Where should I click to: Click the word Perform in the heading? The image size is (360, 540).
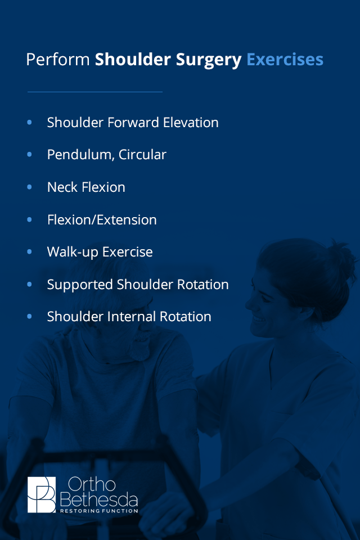coord(58,60)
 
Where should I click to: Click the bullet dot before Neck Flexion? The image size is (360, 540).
coord(30,187)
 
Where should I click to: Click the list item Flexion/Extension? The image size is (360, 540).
coord(102,219)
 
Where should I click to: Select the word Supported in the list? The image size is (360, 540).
coord(80,285)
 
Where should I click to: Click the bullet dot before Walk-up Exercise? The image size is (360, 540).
coord(30,251)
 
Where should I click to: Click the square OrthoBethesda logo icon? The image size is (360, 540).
coord(42,494)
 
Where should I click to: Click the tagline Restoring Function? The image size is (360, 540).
coord(98,511)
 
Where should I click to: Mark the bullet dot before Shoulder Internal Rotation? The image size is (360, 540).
coord(30,317)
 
